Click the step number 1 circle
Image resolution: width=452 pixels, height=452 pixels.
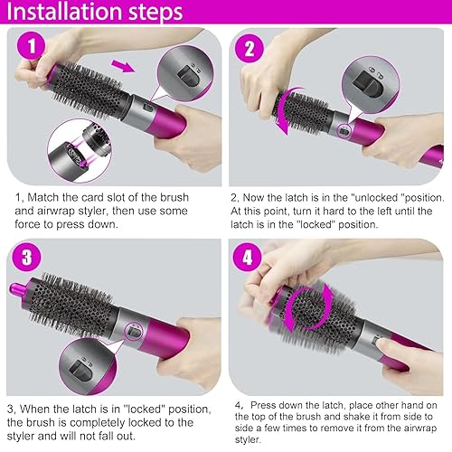31,46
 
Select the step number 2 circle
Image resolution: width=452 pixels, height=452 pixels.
250,49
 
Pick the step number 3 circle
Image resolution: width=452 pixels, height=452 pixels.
26,258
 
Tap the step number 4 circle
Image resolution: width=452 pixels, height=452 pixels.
247,258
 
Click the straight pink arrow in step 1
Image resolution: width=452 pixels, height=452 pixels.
123,66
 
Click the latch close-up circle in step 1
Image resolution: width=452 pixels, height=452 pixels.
185,73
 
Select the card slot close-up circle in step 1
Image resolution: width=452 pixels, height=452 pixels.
80,151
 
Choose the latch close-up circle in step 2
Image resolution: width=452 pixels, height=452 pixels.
371,85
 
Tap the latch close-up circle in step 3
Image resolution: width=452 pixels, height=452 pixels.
88,366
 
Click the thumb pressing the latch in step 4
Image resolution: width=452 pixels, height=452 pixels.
385,344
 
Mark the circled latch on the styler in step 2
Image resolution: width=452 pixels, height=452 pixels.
344,131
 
